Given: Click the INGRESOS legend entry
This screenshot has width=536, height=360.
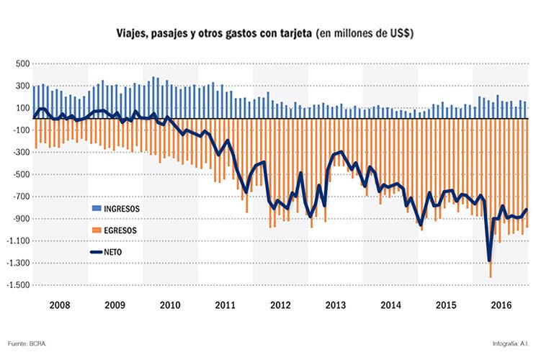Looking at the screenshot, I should tap(121, 208).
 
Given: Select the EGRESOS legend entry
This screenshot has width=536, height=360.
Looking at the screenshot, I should tap(120, 230).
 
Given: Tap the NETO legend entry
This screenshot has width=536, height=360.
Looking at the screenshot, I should tap(115, 252).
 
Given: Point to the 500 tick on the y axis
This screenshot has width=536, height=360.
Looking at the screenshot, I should tap(21, 63).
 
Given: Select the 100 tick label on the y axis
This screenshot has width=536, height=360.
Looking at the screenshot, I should tap(21, 108).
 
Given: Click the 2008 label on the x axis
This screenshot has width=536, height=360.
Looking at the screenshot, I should tap(61, 305).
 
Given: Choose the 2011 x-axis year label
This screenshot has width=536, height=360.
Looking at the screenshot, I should tap(225, 305).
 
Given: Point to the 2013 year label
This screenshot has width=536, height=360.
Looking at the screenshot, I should tap(336, 305).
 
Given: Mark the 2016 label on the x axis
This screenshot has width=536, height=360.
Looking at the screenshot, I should tap(501, 305).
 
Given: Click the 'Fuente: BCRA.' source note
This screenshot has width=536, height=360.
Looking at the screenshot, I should tap(28, 343).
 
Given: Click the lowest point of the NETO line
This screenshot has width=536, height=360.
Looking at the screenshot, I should tap(490, 261).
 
